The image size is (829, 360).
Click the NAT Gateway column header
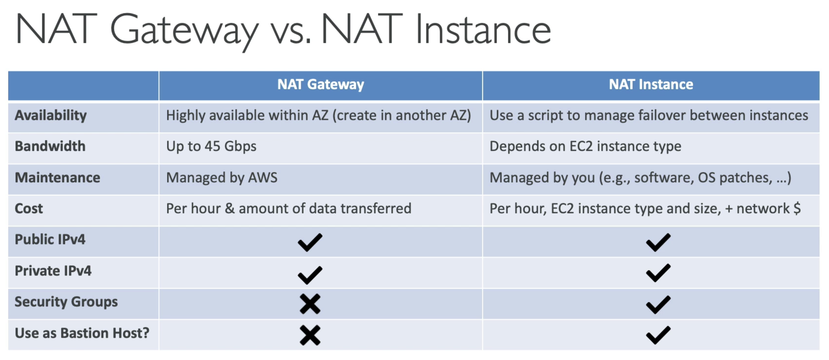point(320,85)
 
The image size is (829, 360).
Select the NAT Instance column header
point(651,84)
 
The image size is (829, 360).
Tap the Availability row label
point(51,116)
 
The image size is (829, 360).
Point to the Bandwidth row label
point(50,146)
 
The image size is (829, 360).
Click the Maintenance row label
point(58,178)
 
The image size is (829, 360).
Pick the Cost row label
point(29,209)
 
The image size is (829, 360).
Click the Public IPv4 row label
point(50,239)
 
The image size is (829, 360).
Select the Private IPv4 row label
point(53,271)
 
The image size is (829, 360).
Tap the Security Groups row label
point(66,302)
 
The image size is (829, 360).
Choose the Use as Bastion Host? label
point(82,333)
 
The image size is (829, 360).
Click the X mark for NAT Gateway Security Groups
point(310,304)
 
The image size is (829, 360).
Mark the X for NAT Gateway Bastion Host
point(310,335)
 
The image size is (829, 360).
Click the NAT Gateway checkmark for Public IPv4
point(310,243)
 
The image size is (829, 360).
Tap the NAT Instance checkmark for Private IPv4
point(659,273)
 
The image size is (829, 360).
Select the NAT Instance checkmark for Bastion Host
point(659,335)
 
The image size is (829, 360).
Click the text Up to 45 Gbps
point(212,147)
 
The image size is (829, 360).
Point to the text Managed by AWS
point(222,178)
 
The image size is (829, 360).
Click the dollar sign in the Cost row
point(797,208)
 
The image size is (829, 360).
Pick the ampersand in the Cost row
point(229,209)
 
